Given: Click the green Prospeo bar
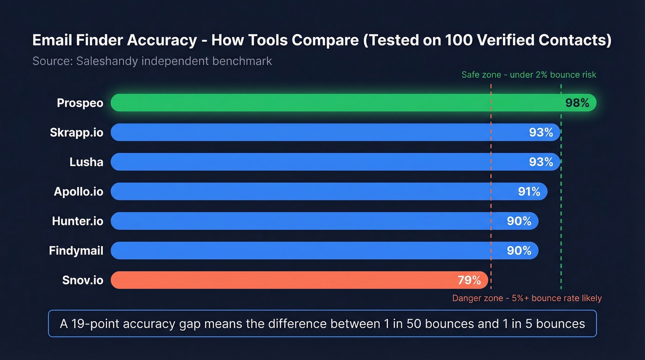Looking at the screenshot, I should (322, 103).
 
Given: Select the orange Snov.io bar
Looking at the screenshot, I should (276, 280).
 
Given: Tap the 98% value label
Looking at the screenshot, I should (577, 103).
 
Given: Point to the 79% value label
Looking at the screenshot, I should (469, 280).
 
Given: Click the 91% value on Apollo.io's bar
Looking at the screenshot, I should (529, 191).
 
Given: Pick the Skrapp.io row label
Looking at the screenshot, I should (76, 133).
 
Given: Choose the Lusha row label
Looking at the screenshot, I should (86, 162).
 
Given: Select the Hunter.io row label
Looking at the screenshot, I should (77, 221).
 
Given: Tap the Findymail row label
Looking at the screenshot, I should (76, 251).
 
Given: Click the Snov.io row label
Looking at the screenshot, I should (82, 280).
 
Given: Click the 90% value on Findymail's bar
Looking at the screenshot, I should (519, 250).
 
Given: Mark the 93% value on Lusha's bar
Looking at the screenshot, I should (541, 162).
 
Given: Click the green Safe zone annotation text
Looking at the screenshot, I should (528, 75).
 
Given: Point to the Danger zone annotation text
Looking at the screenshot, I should (527, 298).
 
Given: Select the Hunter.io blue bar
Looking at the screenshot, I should (299, 221).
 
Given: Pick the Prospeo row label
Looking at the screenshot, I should (80, 103).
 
